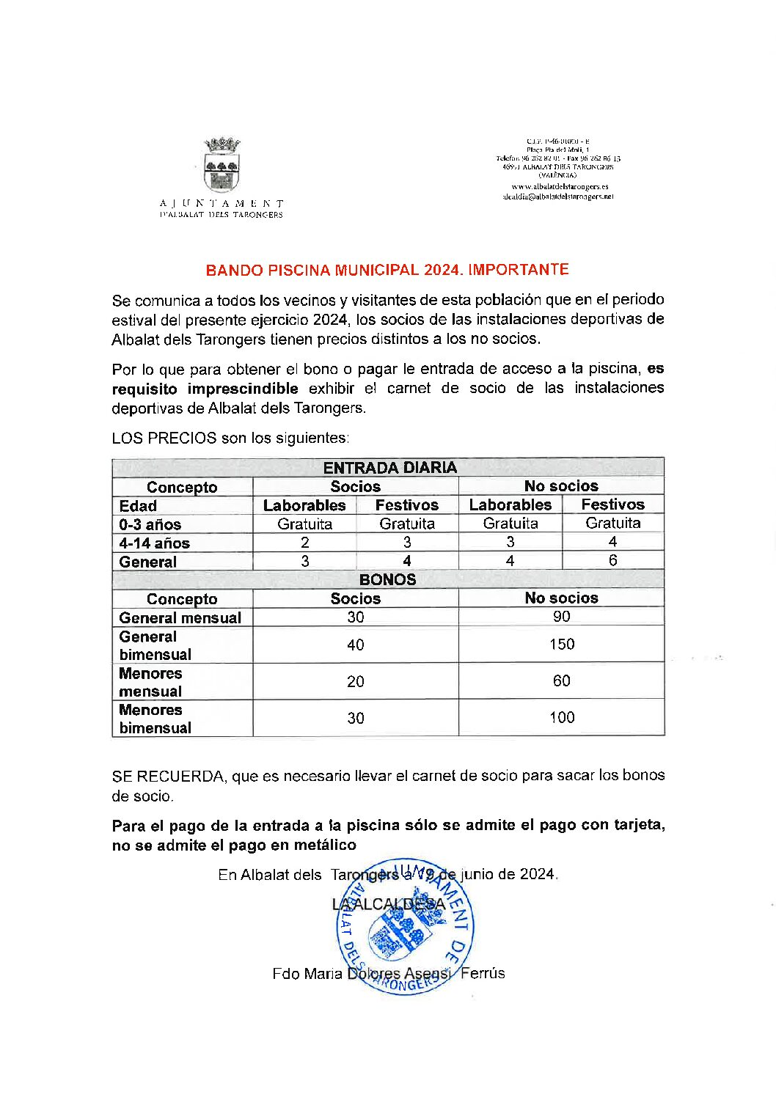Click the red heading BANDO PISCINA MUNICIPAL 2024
pos(387,270)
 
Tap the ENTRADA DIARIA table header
pos(389,468)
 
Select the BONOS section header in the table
pos(387,579)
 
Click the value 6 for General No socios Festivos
pos(612,560)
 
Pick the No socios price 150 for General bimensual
pos(561,645)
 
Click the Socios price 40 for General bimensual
pos(355,645)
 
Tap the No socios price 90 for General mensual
pos(561,617)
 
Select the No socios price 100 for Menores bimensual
pos(561,718)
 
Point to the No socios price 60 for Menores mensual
pos(561,681)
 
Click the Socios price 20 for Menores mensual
pos(355,682)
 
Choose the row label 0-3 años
pos(150,524)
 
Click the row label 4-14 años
pos(155,543)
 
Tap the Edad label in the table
pos(138,506)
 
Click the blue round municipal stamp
pos(405,928)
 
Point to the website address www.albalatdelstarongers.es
pos(560,187)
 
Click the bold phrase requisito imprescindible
pos(205,389)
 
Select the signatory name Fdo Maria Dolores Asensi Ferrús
pos(388,974)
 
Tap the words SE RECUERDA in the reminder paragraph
pos(169,776)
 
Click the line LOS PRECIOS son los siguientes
pos(230,438)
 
